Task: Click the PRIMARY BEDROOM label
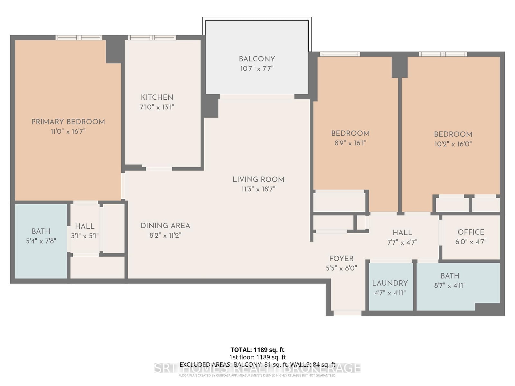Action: click(68, 122)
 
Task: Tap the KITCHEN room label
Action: click(157, 97)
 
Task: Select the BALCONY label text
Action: click(257, 59)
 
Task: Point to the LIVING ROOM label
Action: click(258, 179)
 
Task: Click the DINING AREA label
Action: click(165, 226)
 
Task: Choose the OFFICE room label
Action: click(471, 232)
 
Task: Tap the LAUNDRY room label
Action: click(390, 283)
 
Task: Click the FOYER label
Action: click(341, 259)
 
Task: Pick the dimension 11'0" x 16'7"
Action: click(68, 132)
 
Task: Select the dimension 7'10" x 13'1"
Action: click(157, 107)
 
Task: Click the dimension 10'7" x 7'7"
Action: click(257, 69)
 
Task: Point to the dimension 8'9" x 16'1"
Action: click(351, 143)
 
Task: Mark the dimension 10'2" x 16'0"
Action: click(453, 144)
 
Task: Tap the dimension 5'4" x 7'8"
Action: click(41, 241)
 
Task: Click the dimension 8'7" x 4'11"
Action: click(450, 286)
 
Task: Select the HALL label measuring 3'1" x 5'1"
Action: click(85, 226)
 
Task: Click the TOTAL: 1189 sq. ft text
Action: click(257, 350)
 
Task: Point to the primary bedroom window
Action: click(79, 38)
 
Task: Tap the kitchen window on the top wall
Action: click(152, 38)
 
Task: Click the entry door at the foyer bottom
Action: click(348, 313)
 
